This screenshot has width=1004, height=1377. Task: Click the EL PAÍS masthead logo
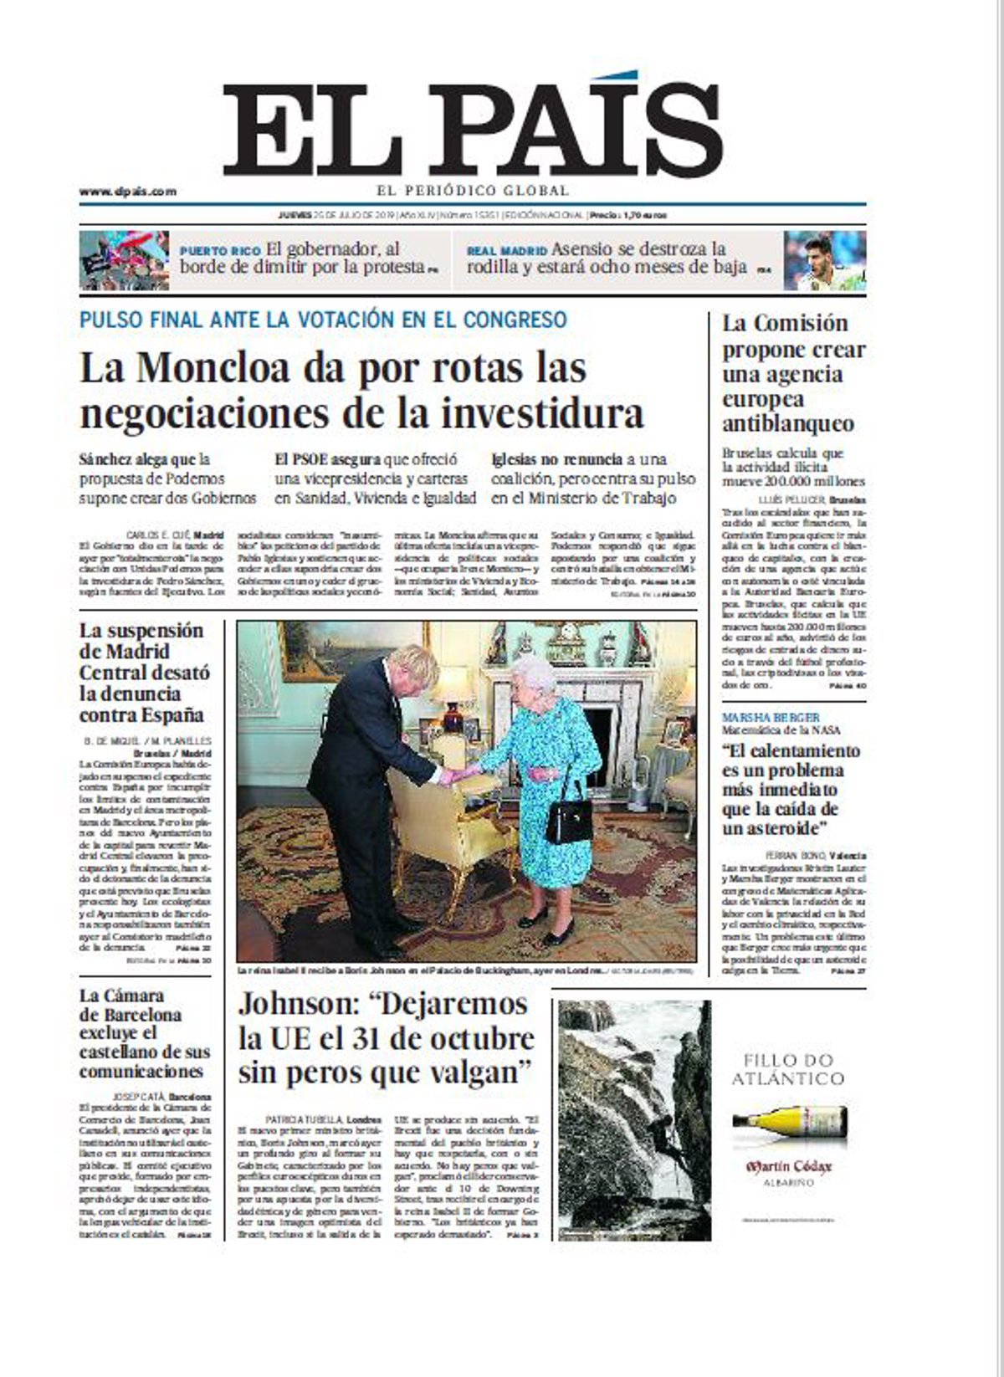pyautogui.click(x=472, y=130)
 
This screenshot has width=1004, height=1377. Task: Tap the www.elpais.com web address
pyautogui.click(x=128, y=192)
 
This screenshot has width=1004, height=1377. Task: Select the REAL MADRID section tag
pyautogui.click(x=507, y=250)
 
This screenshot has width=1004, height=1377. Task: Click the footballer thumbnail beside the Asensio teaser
pyautogui.click(x=824, y=260)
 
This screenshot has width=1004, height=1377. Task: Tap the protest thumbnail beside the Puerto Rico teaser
pyautogui.click(x=124, y=260)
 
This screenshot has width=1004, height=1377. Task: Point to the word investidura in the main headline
pyautogui.click(x=553, y=414)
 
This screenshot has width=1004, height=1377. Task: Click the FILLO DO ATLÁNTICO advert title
pyautogui.click(x=787, y=1068)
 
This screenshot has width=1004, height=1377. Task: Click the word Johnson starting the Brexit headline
pyautogui.click(x=300, y=1004)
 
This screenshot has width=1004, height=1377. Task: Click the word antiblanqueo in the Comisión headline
pyautogui.click(x=788, y=423)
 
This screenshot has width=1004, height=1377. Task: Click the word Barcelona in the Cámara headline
pyautogui.click(x=131, y=1015)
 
